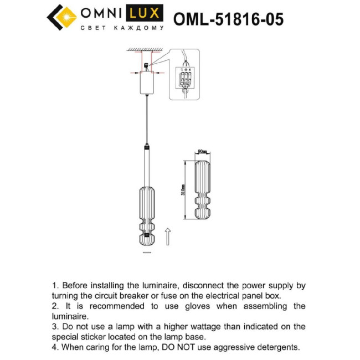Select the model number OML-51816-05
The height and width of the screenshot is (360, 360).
point(228,19)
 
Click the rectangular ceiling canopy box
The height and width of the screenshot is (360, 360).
point(147,84)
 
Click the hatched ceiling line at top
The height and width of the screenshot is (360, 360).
point(146,50)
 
